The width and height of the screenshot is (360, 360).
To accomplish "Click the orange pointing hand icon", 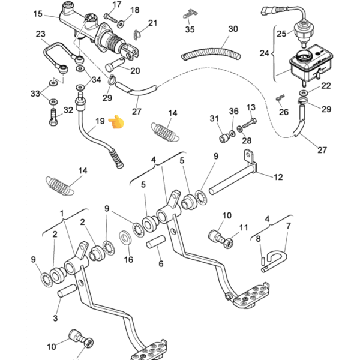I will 116,124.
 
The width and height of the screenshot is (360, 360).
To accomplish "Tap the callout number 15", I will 38,14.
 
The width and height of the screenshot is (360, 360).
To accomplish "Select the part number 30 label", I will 233,29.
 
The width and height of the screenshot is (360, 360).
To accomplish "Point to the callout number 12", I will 278,177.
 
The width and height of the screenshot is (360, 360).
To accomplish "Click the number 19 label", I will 100,121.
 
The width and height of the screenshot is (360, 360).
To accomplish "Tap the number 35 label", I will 190,28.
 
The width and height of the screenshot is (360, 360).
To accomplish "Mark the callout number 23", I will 40,34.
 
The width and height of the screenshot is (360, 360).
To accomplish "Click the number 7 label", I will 288,226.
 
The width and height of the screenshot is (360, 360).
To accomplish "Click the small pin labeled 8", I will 263,259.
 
